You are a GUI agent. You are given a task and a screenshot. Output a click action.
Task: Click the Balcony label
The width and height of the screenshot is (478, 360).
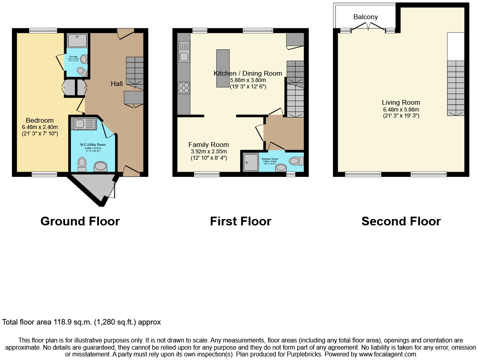(x=365, y=17)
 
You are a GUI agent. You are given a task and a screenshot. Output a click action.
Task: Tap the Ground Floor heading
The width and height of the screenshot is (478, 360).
(x=80, y=221)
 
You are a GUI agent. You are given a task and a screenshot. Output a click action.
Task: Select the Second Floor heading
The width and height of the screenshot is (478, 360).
(x=401, y=221)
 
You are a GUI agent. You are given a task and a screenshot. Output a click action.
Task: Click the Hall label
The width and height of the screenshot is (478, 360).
(x=117, y=84)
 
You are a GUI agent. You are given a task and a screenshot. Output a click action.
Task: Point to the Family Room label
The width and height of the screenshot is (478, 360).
(x=208, y=145)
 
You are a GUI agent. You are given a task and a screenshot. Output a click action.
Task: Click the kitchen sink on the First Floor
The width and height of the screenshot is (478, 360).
(x=184, y=52)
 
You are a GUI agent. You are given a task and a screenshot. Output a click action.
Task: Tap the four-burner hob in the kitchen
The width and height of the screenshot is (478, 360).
(x=184, y=88)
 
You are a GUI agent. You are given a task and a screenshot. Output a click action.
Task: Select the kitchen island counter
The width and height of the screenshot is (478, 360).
(x=223, y=68)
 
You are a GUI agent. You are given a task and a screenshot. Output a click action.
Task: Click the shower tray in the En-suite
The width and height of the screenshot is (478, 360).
(x=77, y=41)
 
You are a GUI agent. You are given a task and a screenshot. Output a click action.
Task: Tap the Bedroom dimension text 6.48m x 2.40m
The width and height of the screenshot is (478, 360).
(x=40, y=127)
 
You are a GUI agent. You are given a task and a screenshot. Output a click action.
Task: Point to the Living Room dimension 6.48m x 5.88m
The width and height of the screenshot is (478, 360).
(x=401, y=110)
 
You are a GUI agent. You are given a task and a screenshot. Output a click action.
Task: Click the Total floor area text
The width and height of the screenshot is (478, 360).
(x=82, y=322)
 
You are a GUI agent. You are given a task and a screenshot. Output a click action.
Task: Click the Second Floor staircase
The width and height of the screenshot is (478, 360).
(x=456, y=88)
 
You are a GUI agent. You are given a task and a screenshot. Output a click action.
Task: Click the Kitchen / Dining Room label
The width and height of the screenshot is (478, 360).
(x=248, y=73)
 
